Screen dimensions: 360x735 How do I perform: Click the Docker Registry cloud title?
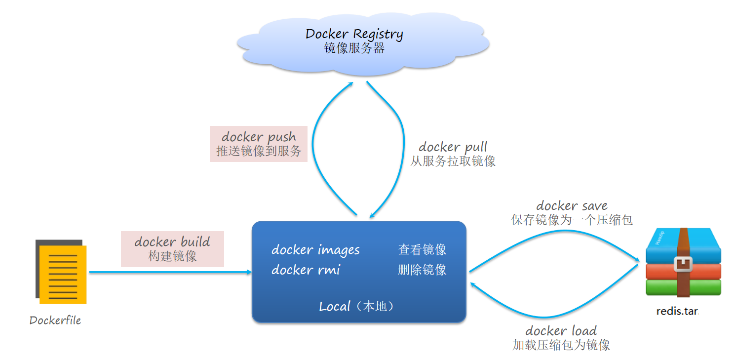pos(354,34)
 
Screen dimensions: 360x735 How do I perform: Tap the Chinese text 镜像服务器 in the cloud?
pos(354,48)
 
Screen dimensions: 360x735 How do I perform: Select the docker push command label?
pos(259,137)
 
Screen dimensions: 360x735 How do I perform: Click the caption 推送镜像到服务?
pos(259,151)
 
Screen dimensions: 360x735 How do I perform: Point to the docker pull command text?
pos(453,147)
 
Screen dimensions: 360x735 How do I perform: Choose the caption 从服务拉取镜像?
pos(453,161)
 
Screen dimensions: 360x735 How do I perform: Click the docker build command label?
pos(172,241)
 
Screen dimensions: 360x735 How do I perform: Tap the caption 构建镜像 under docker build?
pos(172,256)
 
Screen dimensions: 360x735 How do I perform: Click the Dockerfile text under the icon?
pos(55,320)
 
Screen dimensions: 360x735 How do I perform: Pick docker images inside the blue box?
pos(315,250)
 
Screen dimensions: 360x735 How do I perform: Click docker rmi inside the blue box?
pos(306,270)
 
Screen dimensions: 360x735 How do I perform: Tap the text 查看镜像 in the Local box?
pos(422,250)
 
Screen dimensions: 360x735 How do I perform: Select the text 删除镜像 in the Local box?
pos(422,270)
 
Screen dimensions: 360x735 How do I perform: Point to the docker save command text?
pos(572,205)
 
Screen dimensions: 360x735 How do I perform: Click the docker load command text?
pos(561,330)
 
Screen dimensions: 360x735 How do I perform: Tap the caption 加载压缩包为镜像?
pos(561,345)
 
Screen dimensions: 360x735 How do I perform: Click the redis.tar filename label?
pos(677,312)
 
